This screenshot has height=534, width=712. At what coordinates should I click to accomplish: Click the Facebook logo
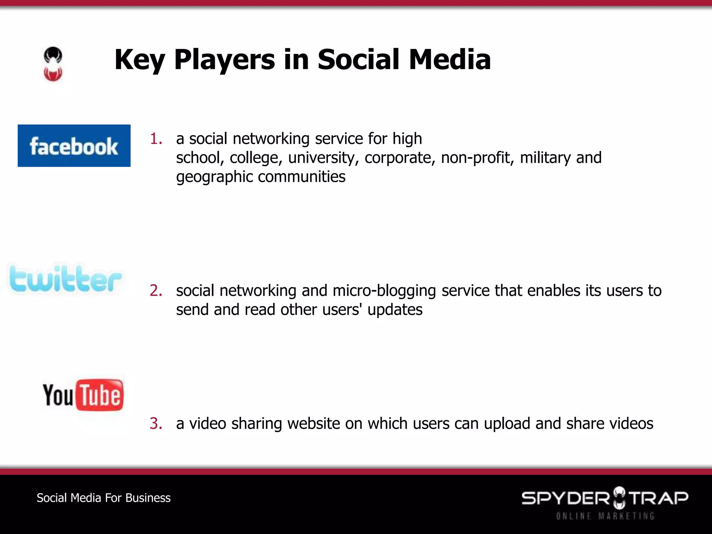point(74,146)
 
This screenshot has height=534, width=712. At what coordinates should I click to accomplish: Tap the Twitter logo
point(65,279)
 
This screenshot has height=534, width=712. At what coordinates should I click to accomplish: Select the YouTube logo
point(83,395)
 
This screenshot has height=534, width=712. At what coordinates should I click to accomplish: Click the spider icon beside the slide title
point(53,64)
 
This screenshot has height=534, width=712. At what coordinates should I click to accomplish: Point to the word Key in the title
point(139,60)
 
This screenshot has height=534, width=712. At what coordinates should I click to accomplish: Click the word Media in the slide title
point(450,60)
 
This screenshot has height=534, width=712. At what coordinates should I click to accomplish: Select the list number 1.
point(156,139)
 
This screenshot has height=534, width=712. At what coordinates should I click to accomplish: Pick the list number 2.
point(156,291)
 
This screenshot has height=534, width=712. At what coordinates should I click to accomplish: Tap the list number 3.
point(156,423)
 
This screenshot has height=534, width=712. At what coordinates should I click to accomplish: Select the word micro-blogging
point(384,291)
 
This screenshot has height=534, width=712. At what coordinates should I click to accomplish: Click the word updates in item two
point(395,310)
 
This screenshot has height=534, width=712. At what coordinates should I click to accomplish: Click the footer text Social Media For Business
point(104,498)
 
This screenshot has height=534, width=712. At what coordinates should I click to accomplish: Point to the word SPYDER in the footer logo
point(565,498)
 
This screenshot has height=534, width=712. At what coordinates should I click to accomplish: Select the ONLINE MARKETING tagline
point(605,516)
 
